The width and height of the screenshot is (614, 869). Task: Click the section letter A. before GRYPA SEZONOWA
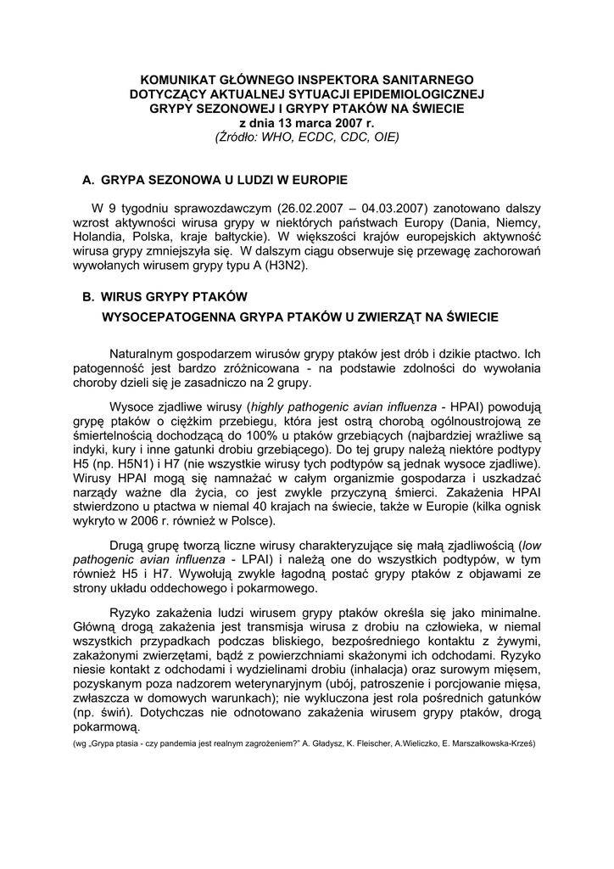87,181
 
